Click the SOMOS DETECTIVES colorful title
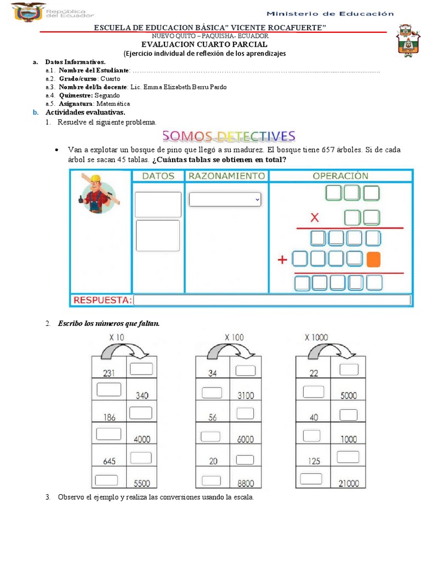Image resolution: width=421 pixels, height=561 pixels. point(229,136)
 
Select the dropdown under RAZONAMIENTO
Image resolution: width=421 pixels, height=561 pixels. point(225,200)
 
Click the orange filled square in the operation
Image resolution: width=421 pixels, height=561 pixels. point(373,259)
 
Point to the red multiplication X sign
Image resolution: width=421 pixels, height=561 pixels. point(315,218)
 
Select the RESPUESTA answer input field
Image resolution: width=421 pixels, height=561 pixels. point(272,300)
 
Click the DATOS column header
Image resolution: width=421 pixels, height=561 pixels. point(158,176)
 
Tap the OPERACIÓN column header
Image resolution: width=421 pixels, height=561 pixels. point(340,176)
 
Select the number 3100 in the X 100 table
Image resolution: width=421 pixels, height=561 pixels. point(244,395)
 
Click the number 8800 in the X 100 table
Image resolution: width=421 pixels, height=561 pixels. point(244,483)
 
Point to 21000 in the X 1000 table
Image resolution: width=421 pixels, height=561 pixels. point(348,483)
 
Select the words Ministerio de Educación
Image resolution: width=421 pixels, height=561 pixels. point(330,13)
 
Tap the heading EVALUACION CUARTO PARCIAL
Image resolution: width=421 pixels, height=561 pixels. point(204,44)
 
